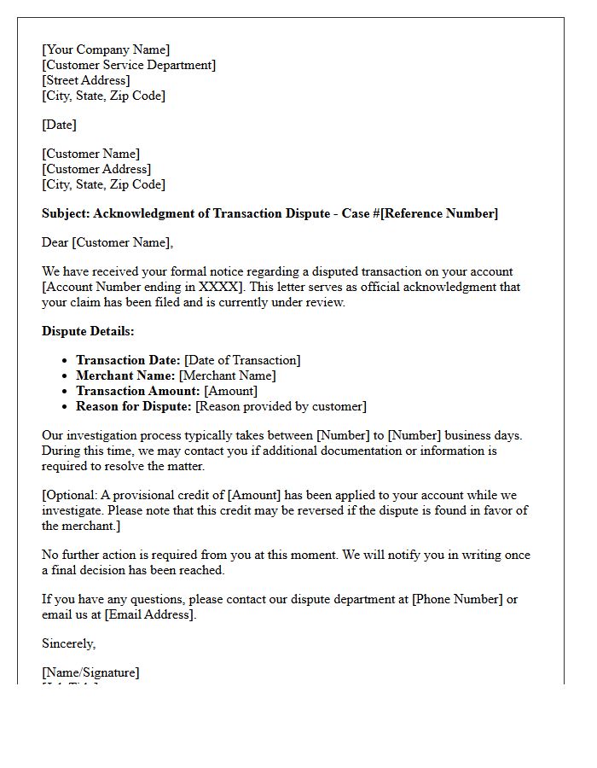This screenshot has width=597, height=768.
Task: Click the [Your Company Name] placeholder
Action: coord(106,49)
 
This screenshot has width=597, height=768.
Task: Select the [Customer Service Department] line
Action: coord(129,65)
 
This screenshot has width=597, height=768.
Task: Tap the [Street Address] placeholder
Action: coord(86,80)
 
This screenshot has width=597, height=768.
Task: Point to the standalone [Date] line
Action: coord(59,125)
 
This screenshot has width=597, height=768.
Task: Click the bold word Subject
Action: coord(66,213)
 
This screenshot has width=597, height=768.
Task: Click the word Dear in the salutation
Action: coord(55,242)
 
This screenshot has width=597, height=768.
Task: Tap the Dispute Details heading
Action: coord(88,331)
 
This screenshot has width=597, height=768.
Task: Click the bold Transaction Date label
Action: coord(128,360)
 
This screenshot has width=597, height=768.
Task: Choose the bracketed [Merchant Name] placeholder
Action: coord(227,375)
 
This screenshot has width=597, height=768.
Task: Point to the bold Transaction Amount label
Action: coord(138,391)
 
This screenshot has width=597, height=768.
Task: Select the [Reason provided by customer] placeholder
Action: coord(281,406)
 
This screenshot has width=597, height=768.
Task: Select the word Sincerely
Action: coord(68,643)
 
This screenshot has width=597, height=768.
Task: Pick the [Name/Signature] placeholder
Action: coord(90,672)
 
